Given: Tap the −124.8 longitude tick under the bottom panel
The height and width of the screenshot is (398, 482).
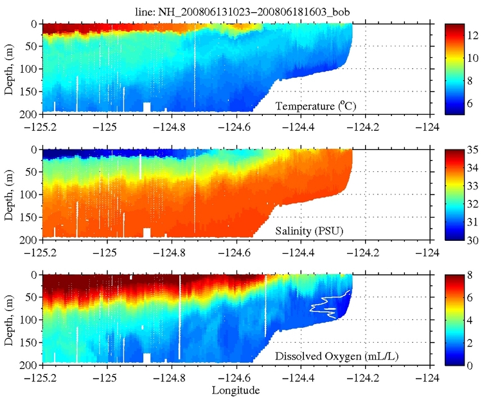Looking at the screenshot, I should (x=170, y=376).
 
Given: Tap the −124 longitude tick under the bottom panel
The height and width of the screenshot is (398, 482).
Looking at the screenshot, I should (x=429, y=376).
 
